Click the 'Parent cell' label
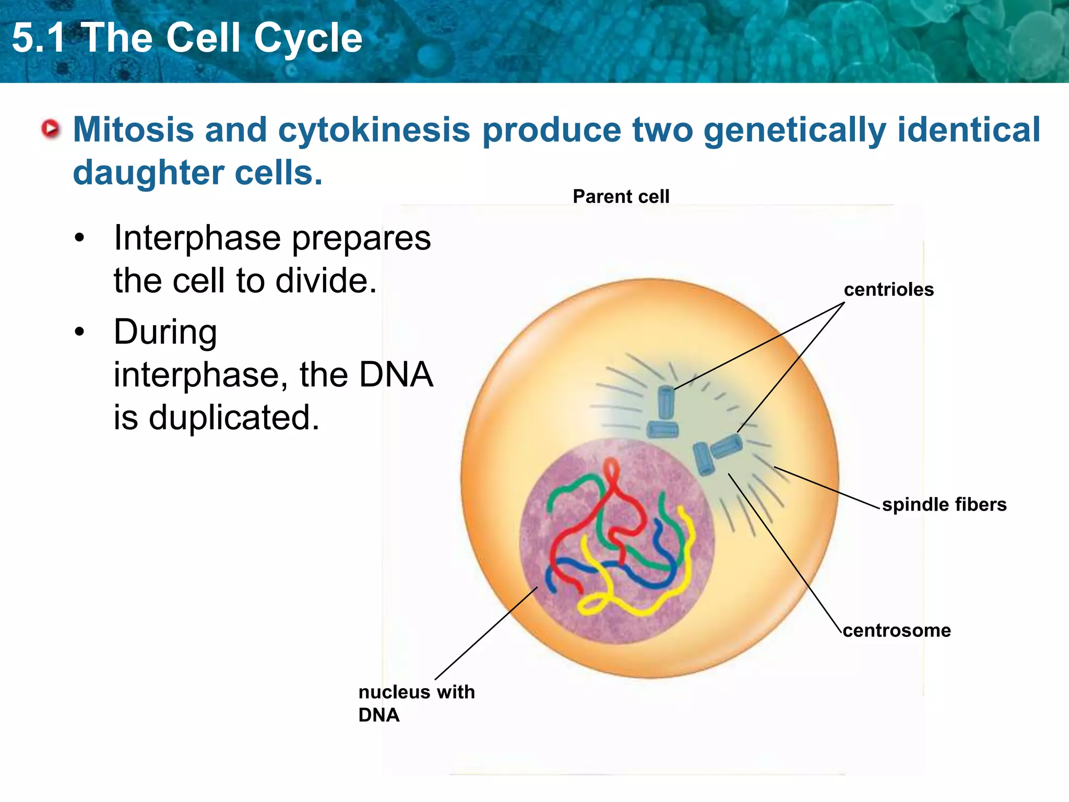tap(621, 197)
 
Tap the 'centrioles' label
tap(888, 290)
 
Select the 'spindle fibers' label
tap(944, 504)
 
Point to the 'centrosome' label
tap(897, 630)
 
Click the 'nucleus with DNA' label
tap(416, 703)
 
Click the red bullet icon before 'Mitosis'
tap(51, 129)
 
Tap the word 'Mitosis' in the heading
tap(133, 129)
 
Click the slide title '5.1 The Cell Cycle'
tap(187, 38)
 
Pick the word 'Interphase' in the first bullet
tap(197, 238)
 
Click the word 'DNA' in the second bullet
tap(396, 374)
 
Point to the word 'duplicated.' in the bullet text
tap(234, 418)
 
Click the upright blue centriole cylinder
tap(666, 402)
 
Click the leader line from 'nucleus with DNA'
tap(485, 633)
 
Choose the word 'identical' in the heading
tap(969, 129)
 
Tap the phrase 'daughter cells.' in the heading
tap(197, 173)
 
